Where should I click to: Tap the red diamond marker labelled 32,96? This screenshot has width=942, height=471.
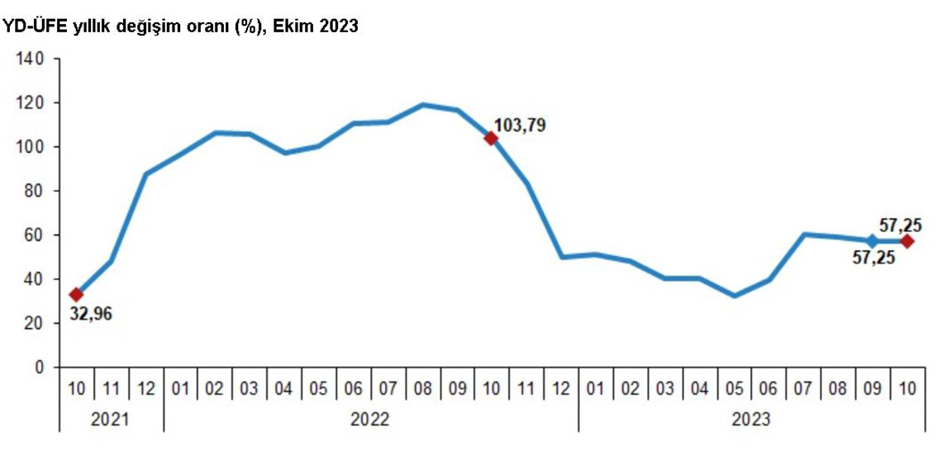pyautogui.click(x=76, y=294)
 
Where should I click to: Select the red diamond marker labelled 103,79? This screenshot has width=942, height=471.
pyautogui.click(x=491, y=138)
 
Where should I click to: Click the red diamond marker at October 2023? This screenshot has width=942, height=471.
pyautogui.click(x=906, y=241)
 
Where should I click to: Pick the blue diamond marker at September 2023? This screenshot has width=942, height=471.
pyautogui.click(x=872, y=241)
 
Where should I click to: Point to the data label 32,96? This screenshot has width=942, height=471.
pyautogui.click(x=89, y=314)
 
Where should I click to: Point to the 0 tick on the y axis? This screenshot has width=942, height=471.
pyautogui.click(x=37, y=368)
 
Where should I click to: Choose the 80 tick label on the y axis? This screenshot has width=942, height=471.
pyautogui.click(x=33, y=192)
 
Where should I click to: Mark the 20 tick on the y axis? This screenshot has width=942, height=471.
pyautogui.click(x=33, y=324)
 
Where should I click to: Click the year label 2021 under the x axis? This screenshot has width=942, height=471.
pyautogui.click(x=111, y=420)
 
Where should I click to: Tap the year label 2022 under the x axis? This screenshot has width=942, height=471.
pyautogui.click(x=370, y=420)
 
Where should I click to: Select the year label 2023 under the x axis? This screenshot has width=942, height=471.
pyautogui.click(x=750, y=420)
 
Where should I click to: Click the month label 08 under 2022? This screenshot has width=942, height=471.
pyautogui.click(x=422, y=388)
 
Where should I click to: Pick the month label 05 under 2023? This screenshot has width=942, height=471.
pyautogui.click(x=733, y=388)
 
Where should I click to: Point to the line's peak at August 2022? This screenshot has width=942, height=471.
pyautogui.click(x=422, y=105)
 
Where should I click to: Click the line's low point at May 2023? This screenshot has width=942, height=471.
pyautogui.click(x=733, y=296)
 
